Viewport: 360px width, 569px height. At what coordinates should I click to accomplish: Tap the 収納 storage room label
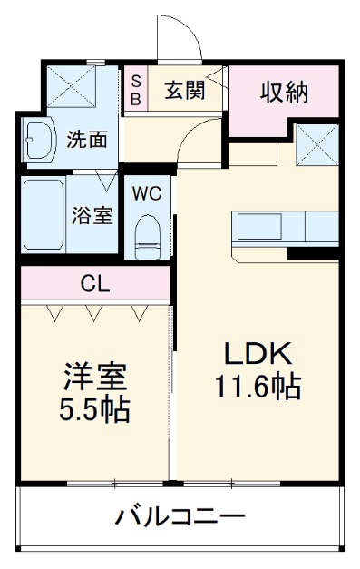[285, 93]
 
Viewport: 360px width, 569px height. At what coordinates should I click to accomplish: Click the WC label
[148, 193]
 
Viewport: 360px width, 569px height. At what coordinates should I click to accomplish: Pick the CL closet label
[95, 285]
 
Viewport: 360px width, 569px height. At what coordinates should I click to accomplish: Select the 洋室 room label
[93, 376]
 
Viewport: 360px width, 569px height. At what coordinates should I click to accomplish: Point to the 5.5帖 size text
[94, 410]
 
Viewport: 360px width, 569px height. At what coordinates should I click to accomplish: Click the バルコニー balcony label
[180, 518]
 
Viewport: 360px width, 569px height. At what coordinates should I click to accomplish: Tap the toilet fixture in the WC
[146, 235]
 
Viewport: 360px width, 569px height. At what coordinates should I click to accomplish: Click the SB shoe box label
[134, 89]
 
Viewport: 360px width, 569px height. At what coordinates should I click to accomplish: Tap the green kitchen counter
[286, 225]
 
